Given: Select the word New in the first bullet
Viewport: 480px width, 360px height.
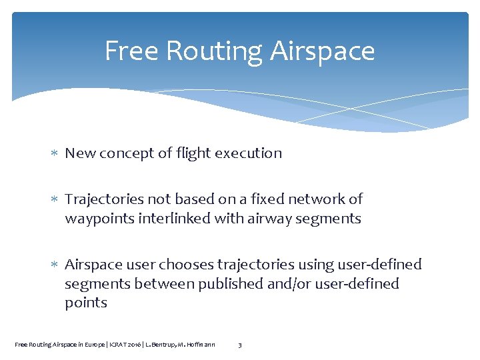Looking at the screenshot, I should [80, 153].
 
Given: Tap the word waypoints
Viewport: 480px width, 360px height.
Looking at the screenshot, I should [97, 219].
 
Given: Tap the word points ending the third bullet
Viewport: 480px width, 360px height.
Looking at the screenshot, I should [86, 303].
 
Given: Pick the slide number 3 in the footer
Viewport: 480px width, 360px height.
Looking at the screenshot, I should [240, 345].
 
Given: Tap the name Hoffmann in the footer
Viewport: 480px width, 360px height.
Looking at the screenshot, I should [199, 345].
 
